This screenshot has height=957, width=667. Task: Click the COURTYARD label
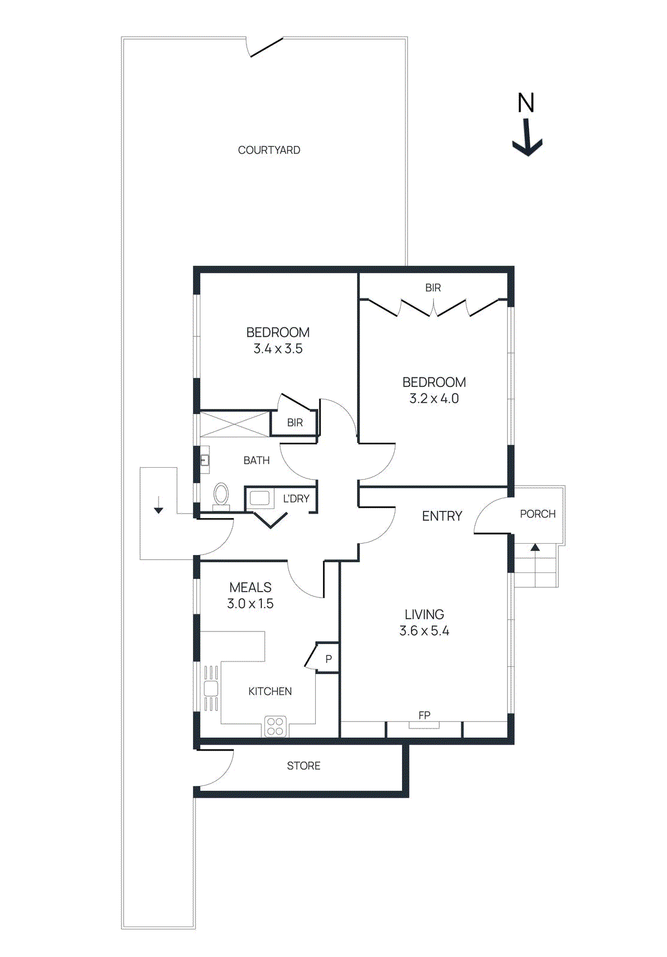[x=269, y=150]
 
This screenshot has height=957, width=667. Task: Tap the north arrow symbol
[x=528, y=138]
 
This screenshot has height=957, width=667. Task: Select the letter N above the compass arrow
[x=526, y=103]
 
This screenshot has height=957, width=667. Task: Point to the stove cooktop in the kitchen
[x=275, y=726]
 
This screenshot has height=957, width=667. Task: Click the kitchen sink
[x=211, y=688]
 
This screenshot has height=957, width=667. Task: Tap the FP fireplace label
[x=424, y=715]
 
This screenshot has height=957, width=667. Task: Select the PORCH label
[x=537, y=514]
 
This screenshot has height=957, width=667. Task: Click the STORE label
[x=303, y=766]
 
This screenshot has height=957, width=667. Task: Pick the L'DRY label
[x=296, y=498]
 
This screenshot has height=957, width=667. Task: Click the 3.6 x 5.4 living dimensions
[x=424, y=630]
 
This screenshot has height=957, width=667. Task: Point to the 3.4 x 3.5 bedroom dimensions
[x=278, y=349]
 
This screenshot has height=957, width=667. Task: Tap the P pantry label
[x=328, y=659]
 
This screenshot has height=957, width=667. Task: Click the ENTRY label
[x=441, y=516]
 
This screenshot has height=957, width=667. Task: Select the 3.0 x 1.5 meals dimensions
[x=250, y=604]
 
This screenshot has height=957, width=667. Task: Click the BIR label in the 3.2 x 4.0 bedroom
[x=433, y=288]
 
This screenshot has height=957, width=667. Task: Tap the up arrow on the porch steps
[x=535, y=547]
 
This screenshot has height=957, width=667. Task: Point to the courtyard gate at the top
[x=266, y=47]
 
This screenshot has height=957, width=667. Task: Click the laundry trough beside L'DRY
[x=260, y=498]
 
